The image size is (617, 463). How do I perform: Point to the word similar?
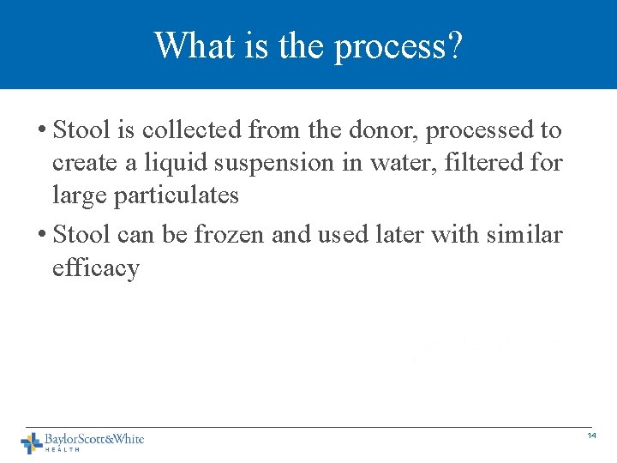pos(523,235)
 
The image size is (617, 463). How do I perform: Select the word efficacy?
pos(95,268)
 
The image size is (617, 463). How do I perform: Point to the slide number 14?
pos(591,436)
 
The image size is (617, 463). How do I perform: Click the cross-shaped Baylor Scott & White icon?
pos(32,442)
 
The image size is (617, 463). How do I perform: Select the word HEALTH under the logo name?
pos(63,449)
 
